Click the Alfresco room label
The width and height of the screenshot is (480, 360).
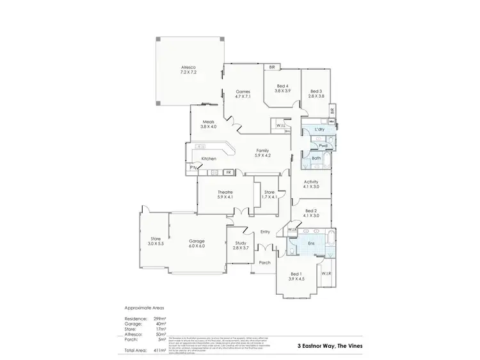188,67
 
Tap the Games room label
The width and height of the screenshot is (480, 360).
242,91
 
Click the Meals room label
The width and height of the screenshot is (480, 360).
209,121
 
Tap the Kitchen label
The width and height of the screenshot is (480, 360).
209,159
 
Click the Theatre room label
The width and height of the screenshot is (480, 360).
225,192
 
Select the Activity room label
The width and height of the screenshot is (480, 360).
311,182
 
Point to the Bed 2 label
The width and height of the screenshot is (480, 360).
311,211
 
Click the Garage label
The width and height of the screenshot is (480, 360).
196,241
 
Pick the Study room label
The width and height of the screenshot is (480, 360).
241,243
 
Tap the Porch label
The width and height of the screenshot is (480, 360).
264,263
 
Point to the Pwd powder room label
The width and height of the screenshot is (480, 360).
323,146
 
